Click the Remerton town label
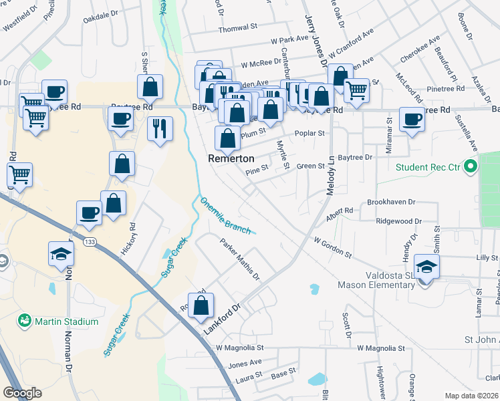pos(231,159)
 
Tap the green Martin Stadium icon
pos(25,321)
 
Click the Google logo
pos(22,393)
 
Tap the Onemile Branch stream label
pos(225,215)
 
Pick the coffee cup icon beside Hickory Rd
pos(90,213)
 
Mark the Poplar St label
pos(310,133)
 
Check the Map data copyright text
pos(471,396)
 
